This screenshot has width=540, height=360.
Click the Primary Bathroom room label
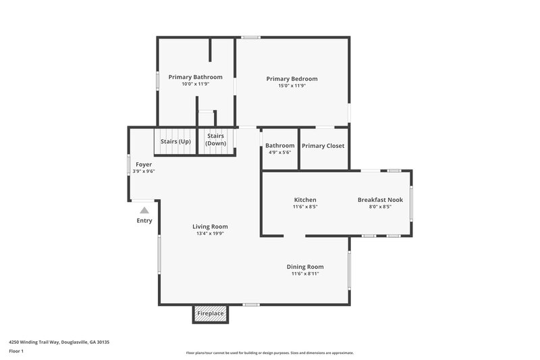(195, 77)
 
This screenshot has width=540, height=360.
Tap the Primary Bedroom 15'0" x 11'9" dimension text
(292, 86)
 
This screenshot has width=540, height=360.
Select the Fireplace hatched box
(210, 314)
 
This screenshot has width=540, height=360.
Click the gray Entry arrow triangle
(144, 211)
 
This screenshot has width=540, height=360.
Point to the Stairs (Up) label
(175, 141)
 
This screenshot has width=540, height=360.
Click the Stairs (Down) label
(216, 140)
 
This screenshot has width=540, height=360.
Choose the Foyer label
(144, 164)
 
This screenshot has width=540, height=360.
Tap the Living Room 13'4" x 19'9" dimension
(210, 234)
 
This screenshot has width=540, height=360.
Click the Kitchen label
(305, 200)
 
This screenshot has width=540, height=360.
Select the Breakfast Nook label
(379, 200)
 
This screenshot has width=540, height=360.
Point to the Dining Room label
(305, 267)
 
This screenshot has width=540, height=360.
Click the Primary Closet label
(323, 146)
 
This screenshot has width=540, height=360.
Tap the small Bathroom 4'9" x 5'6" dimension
(279, 153)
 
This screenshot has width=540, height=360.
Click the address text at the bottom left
(59, 342)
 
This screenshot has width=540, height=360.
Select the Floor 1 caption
(16, 351)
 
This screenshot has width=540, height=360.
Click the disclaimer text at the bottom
(269, 353)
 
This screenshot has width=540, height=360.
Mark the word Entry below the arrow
(144, 221)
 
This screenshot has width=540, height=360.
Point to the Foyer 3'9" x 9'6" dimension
(144, 172)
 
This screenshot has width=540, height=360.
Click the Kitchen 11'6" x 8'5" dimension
(305, 207)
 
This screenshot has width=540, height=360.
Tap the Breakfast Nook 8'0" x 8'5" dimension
(379, 207)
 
